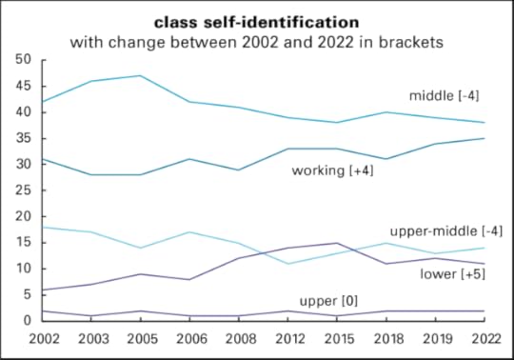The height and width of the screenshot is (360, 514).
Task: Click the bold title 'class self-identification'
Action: click(257, 20)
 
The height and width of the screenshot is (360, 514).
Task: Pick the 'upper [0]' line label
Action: click(328, 301)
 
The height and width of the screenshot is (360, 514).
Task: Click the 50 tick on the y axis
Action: click(23, 60)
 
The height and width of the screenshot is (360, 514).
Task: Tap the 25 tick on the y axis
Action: click(23, 190)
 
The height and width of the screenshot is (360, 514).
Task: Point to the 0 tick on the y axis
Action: click(28, 321)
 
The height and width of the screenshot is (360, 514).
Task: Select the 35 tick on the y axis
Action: click(23, 138)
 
